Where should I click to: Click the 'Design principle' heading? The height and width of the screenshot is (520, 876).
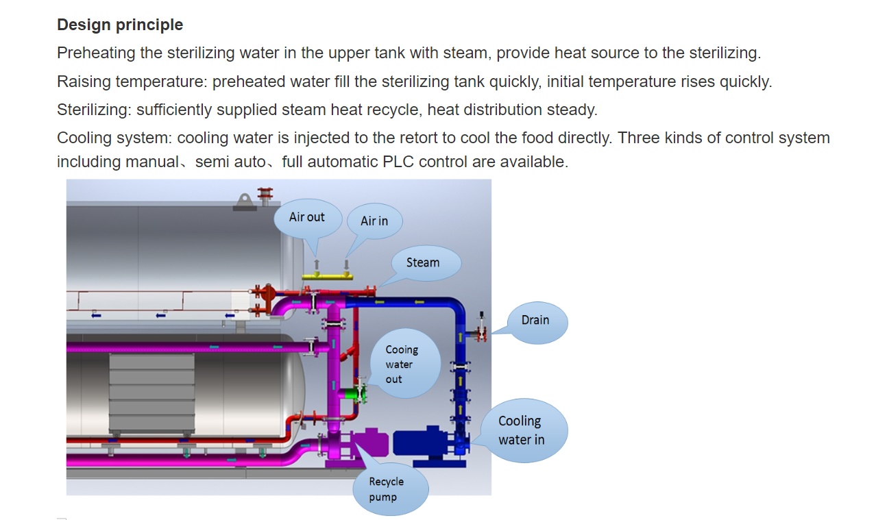click(x=120, y=25)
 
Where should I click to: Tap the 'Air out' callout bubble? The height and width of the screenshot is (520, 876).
click(x=308, y=218)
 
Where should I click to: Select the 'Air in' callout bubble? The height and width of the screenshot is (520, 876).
click(x=375, y=221)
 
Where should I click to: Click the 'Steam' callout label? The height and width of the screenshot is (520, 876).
click(x=426, y=262)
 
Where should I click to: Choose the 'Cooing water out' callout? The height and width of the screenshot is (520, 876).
click(x=405, y=364)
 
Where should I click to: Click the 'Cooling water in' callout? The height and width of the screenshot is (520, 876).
click(x=524, y=430)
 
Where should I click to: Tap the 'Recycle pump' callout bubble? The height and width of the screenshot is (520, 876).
click(x=391, y=489)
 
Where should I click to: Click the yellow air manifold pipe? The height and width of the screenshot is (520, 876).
click(x=327, y=277)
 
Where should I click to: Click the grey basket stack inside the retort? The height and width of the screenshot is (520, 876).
click(x=151, y=393)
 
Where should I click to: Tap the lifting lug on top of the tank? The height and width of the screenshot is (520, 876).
click(x=245, y=201)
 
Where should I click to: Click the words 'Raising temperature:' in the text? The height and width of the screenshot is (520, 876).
click(x=132, y=82)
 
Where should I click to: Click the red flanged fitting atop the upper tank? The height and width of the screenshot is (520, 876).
click(x=265, y=195)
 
